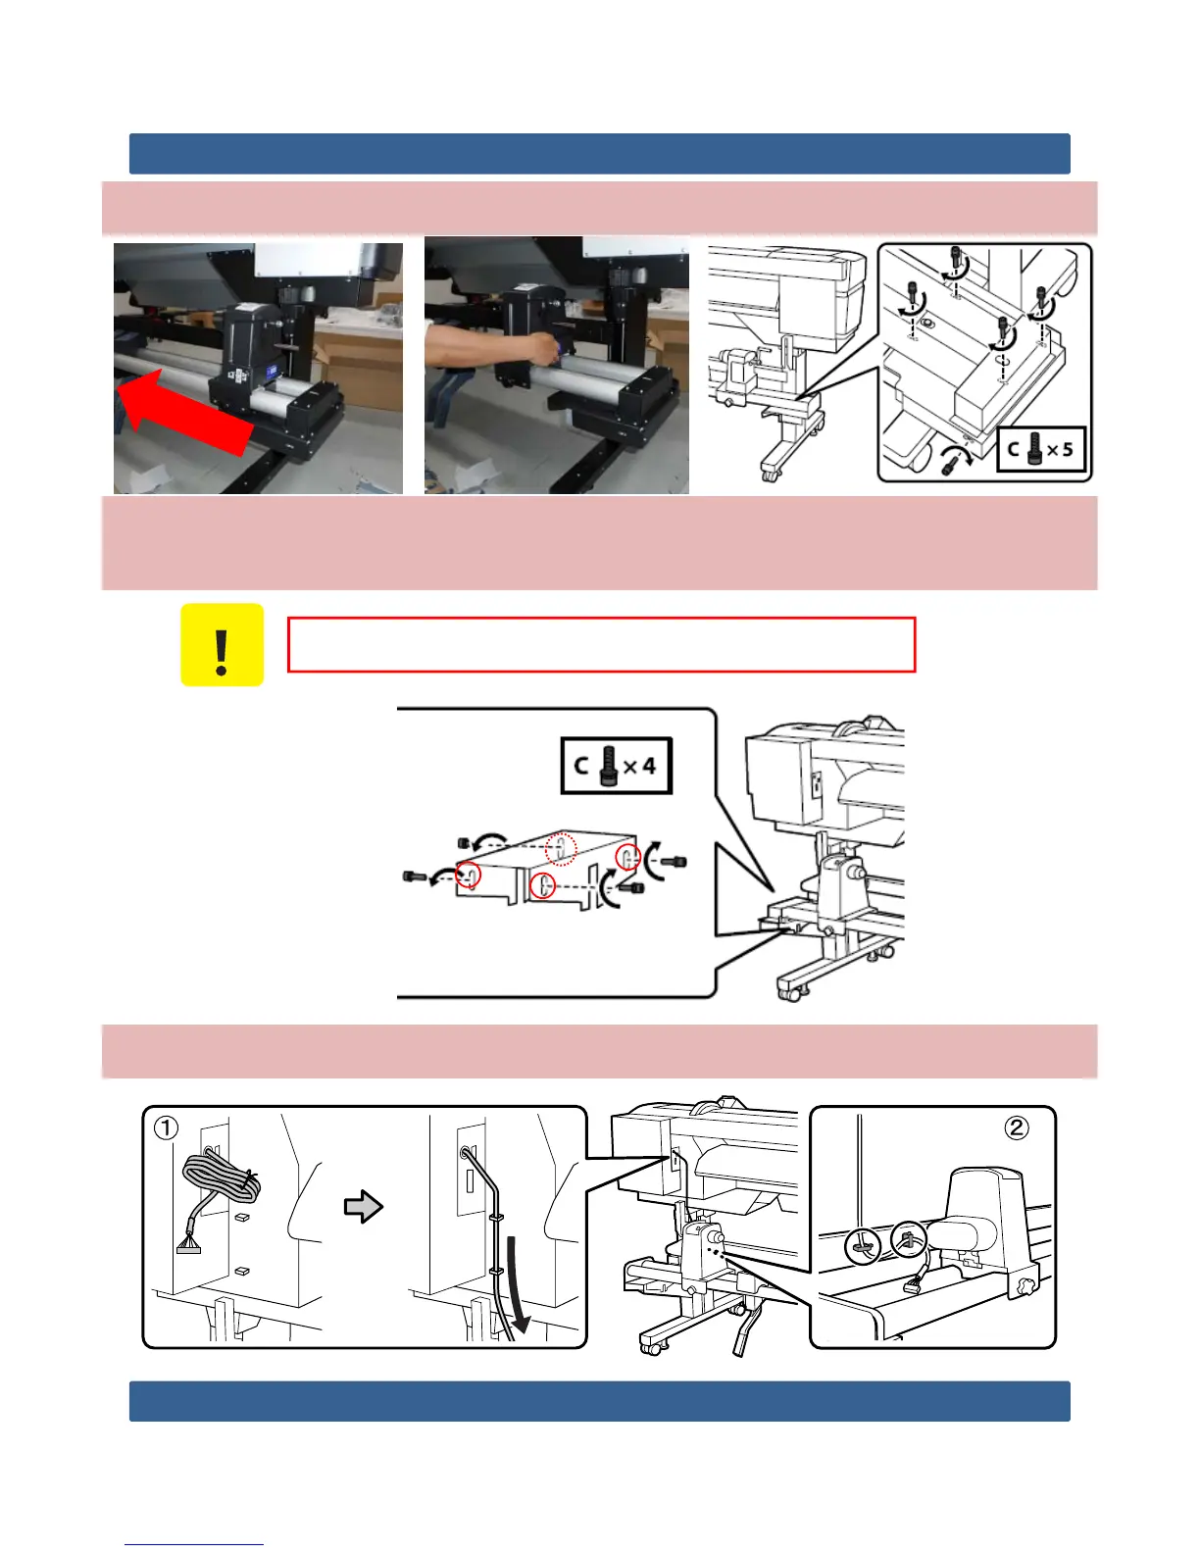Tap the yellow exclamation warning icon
point(222,645)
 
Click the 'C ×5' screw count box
point(1040,450)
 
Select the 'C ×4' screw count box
point(616,766)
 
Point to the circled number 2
point(1017,1127)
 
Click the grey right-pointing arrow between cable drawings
point(364,1206)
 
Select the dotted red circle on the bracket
point(561,849)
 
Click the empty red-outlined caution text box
point(601,645)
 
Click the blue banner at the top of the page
point(600,154)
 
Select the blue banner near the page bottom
point(600,1401)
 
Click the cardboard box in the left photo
point(358,365)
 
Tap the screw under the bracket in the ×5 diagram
point(951,467)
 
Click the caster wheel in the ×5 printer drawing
point(769,473)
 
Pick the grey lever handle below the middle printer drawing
point(744,1330)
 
